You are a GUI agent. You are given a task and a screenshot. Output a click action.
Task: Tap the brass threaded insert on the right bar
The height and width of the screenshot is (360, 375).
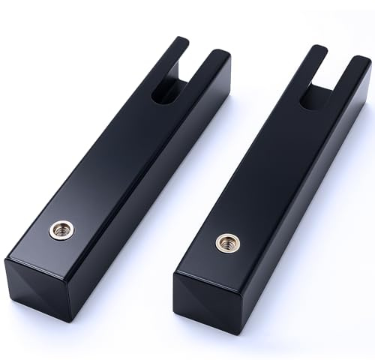tap(224, 241)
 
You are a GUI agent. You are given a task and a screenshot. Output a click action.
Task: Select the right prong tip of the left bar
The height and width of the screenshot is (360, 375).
tap(220, 55)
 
